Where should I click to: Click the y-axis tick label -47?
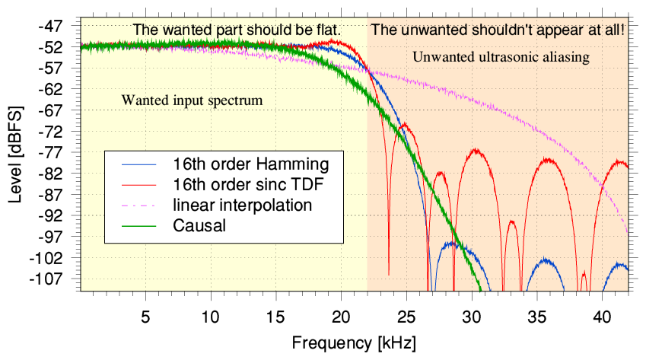[x=61, y=26]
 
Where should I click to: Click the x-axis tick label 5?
[x=145, y=314]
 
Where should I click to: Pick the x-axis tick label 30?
[x=472, y=314]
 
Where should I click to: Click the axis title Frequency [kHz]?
[x=354, y=341]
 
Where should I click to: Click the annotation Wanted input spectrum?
[x=193, y=100]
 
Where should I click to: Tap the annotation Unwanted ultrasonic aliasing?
[x=501, y=56]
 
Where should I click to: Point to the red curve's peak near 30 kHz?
[x=477, y=150]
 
